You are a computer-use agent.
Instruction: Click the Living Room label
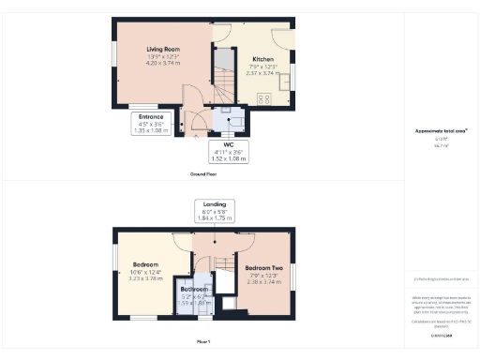(162, 49)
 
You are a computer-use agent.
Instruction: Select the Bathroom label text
(195, 290)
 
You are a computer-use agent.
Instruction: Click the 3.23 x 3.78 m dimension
(145, 278)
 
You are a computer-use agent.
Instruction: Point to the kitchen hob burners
(262, 97)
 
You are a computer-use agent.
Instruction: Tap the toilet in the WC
(235, 120)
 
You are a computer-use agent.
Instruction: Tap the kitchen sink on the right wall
(288, 75)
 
